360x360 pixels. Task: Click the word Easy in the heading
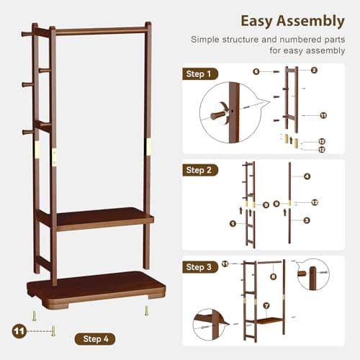257,20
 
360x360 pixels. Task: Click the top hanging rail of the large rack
101,31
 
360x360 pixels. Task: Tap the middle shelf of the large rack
101,216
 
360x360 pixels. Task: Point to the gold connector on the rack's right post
148,145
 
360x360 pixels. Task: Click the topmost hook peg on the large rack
27,32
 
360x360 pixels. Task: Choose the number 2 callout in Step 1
314,71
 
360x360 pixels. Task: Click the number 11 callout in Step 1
323,115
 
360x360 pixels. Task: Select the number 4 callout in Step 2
307,176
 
